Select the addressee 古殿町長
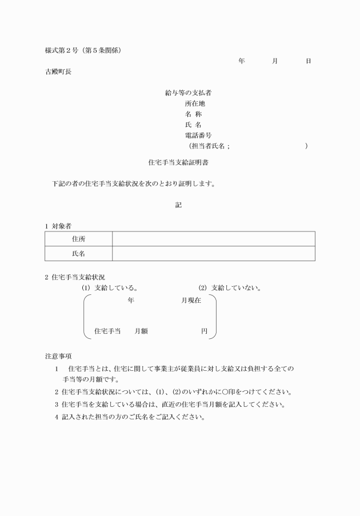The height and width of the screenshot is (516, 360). (x=58, y=72)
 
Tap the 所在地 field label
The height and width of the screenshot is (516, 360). (x=195, y=104)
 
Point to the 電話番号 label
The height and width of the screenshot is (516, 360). (x=198, y=135)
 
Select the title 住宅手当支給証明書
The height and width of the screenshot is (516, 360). (x=178, y=162)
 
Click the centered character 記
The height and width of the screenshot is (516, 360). (x=178, y=205)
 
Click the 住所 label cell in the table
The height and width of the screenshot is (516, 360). (x=78, y=239)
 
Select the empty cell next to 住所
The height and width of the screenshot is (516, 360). (x=213, y=239)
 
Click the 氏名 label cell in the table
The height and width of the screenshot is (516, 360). (x=78, y=254)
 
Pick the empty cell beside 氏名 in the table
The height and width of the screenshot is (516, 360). (x=213, y=254)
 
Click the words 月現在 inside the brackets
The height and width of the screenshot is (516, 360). (x=191, y=301)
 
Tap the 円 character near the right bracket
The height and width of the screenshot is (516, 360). (x=204, y=331)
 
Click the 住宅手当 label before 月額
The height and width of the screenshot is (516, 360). (x=107, y=331)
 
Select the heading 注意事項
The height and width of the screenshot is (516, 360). (x=58, y=355)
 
